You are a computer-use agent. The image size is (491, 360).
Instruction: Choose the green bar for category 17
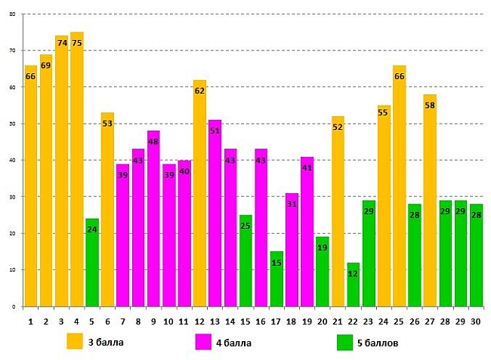point(276,279)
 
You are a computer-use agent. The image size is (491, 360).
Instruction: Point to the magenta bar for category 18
point(292,250)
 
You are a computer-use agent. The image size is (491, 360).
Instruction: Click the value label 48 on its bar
point(153,142)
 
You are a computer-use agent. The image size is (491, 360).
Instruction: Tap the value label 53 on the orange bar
point(107,124)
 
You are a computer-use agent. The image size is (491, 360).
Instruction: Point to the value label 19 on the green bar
point(323,248)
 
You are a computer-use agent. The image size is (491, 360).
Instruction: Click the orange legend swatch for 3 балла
point(75,341)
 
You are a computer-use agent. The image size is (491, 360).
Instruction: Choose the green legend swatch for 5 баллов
point(344,342)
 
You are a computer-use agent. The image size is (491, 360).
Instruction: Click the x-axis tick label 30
point(476,322)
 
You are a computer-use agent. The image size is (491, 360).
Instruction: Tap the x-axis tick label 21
point(338,322)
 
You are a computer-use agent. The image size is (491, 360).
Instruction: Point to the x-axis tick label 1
point(30,322)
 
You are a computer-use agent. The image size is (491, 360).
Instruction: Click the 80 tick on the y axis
point(12,14)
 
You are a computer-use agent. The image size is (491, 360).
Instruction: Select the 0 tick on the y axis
point(14,306)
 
